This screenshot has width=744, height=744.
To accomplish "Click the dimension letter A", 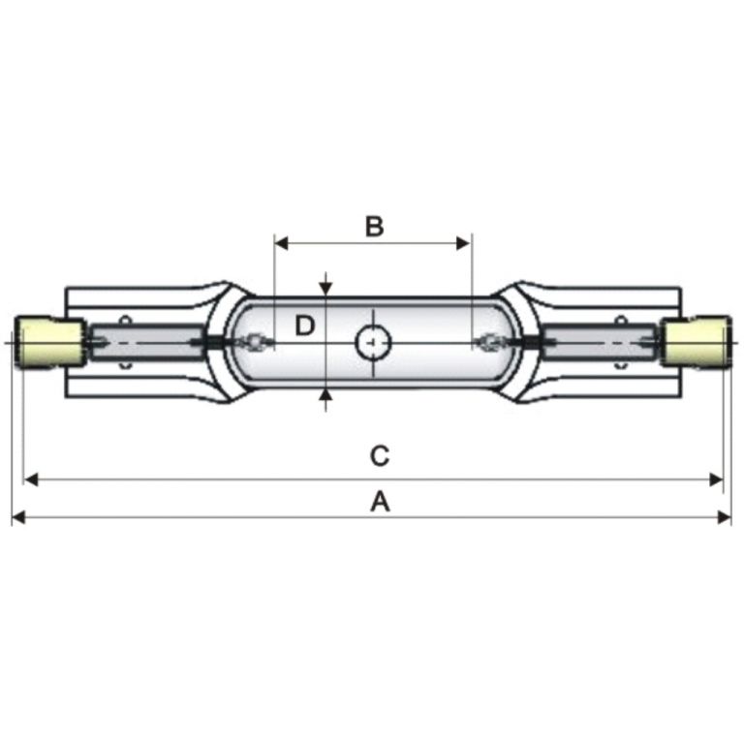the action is point(380,502).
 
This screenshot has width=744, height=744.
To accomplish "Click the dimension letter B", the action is point(374,227).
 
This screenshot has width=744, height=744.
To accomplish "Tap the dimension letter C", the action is point(380,456).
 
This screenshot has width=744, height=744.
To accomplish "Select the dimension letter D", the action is point(304,325).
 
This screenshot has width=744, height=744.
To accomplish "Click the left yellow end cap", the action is point(49,342).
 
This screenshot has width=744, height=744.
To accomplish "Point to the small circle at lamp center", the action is point(373,343).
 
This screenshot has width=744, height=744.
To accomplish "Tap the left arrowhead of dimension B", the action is point(281,243).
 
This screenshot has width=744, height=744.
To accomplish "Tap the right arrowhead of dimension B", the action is point(464,243).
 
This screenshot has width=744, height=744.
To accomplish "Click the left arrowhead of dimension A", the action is point(18,516).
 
